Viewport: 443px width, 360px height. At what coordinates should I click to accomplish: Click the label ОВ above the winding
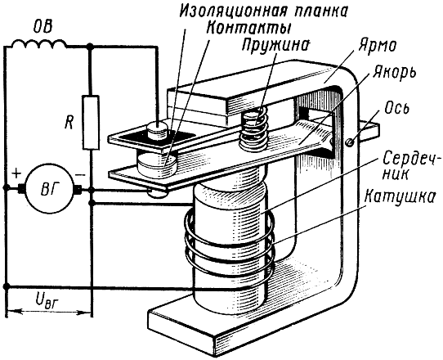(x=43, y=28)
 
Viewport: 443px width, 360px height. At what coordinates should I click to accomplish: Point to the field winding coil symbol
(x=39, y=43)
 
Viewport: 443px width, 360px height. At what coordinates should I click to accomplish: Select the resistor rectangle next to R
(x=91, y=122)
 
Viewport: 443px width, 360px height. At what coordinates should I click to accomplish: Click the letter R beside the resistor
(x=69, y=123)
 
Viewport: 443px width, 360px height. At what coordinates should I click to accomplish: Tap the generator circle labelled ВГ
(x=50, y=188)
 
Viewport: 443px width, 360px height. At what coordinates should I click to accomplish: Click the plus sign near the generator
(x=16, y=173)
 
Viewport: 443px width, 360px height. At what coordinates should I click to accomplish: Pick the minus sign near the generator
(x=80, y=175)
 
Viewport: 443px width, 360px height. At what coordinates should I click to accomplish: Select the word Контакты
(x=249, y=28)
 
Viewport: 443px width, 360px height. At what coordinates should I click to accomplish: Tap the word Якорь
(x=394, y=73)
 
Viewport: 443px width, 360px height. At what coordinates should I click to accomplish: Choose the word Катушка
(x=399, y=197)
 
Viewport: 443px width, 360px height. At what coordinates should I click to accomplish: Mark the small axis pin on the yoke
(x=351, y=142)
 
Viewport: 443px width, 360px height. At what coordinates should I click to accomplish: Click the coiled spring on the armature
(x=253, y=128)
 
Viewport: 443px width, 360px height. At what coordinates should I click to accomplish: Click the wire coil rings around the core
(x=229, y=245)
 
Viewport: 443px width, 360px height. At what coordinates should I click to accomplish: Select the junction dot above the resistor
(x=91, y=46)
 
